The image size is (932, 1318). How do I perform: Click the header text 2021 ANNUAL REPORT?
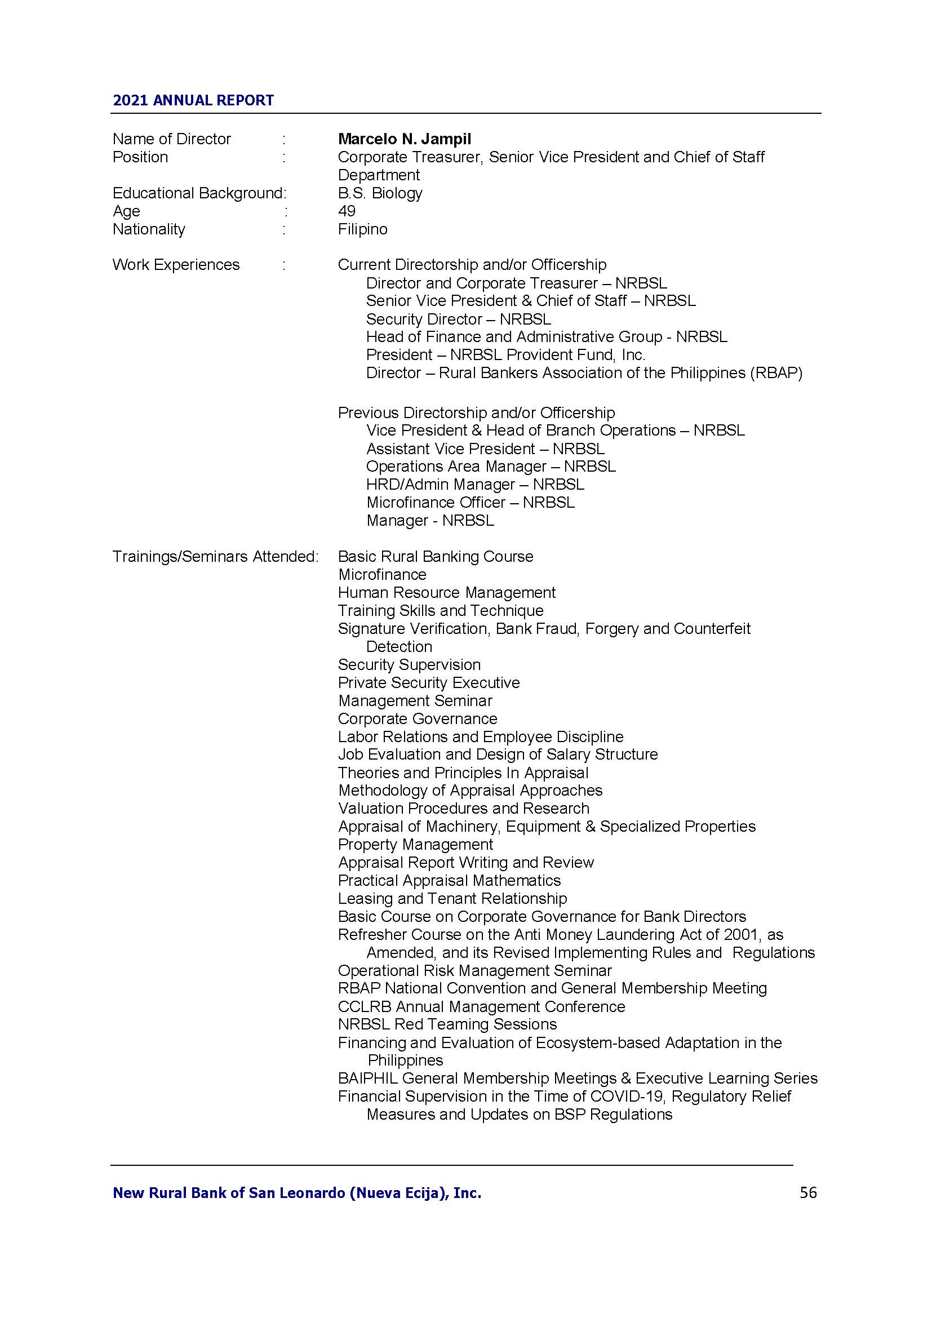(x=193, y=100)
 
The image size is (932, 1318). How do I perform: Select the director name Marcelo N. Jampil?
(x=404, y=139)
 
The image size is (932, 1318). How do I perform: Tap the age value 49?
(x=347, y=211)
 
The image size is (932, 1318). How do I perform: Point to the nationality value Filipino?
(x=362, y=229)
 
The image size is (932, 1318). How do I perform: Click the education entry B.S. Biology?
(x=380, y=193)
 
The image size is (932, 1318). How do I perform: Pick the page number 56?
(x=807, y=1193)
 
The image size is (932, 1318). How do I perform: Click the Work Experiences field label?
(x=176, y=265)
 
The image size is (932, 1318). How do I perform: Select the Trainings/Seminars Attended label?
(x=215, y=557)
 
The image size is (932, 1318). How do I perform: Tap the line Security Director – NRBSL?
(x=458, y=319)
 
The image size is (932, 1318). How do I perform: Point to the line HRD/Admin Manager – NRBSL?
(x=474, y=485)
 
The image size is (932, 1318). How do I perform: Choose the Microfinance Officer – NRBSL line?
(x=470, y=503)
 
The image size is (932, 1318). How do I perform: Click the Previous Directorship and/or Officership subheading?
(x=476, y=412)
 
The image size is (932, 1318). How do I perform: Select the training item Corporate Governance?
(x=417, y=718)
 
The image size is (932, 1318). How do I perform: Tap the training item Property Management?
(x=415, y=845)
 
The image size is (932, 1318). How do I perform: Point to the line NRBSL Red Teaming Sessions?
(x=447, y=1024)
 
